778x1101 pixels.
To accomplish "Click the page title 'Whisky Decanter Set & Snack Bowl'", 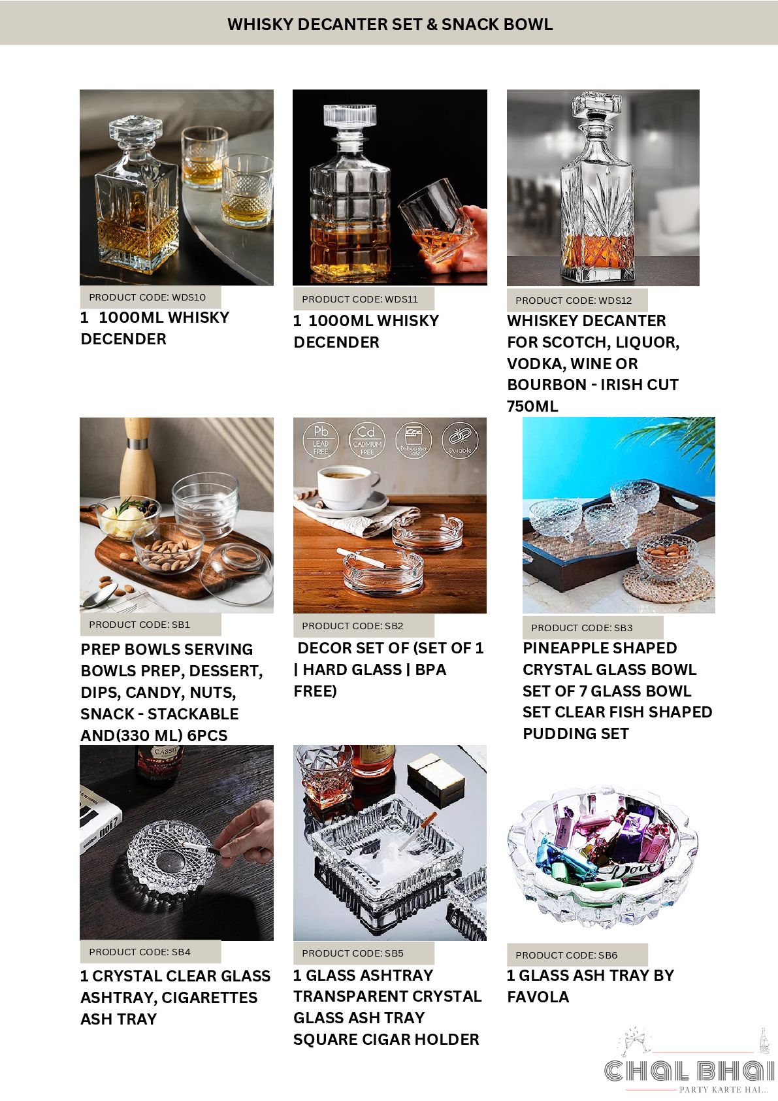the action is click(x=390, y=24).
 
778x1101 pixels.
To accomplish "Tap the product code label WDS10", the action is click(x=148, y=297).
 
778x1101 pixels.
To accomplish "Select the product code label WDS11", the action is click(x=360, y=299).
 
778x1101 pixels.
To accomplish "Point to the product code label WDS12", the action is click(x=574, y=301).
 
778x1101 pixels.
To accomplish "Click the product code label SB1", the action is click(x=140, y=625).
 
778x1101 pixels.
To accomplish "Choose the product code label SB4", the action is click(x=140, y=952).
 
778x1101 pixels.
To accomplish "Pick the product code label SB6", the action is click(x=566, y=955).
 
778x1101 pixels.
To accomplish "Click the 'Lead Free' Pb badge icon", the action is click(x=321, y=440).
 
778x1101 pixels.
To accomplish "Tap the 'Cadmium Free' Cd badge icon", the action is click(x=366, y=440).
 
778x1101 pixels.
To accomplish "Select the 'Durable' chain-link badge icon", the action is click(x=460, y=440).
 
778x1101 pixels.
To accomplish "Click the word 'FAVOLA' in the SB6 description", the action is click(x=538, y=997).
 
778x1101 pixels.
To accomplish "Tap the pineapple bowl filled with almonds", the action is click(x=667, y=555).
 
